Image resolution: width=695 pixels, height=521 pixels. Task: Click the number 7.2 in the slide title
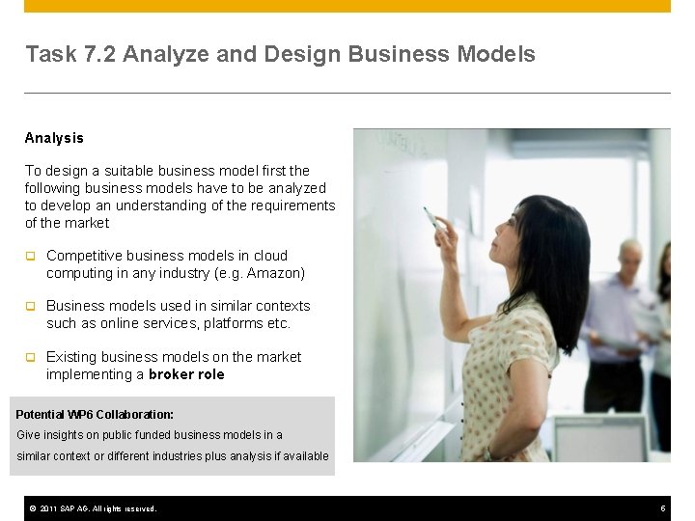pos(101,54)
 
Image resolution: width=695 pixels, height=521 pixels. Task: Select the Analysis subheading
pos(54,138)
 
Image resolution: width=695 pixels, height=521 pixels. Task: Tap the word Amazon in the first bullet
pos(275,273)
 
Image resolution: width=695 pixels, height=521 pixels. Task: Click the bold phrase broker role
pos(186,374)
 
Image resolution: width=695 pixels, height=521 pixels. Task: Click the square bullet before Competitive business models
pos(30,257)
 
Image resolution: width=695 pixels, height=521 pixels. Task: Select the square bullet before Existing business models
pos(30,358)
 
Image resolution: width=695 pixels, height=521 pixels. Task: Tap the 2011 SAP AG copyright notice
pos(93,508)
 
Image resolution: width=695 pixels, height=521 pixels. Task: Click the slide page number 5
pos(663,508)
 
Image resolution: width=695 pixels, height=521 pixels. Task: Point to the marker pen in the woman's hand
pos(431,217)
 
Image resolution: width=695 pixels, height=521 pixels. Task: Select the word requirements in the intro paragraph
pos(288,206)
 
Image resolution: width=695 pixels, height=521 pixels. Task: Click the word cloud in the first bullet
pos(270,256)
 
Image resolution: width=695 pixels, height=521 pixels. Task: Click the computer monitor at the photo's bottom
pos(600,439)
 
